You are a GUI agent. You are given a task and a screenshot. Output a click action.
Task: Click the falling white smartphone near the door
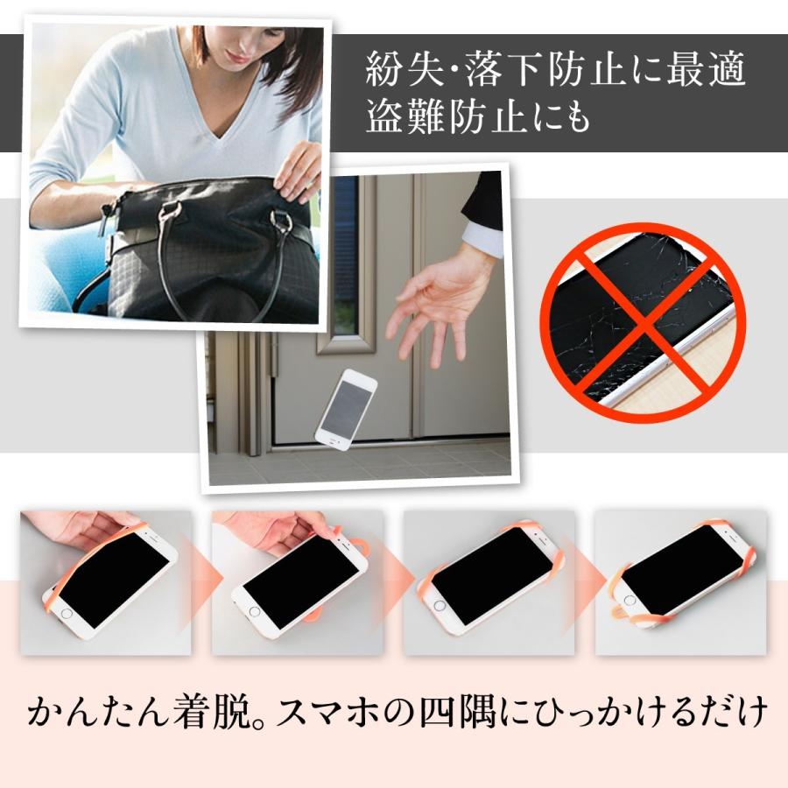click(345, 409)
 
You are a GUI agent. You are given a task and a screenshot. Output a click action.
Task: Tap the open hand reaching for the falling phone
click(433, 306)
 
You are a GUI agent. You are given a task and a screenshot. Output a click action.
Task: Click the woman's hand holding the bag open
click(298, 170)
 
